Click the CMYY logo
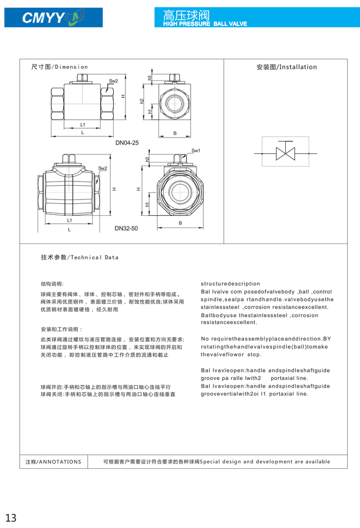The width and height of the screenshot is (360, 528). pyautogui.click(x=53, y=18)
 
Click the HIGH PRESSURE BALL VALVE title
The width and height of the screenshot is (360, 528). pyautogui.click(x=205, y=24)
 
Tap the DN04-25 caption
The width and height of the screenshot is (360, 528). pyautogui.click(x=127, y=143)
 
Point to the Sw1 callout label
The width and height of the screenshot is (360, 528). pyautogui.click(x=196, y=151)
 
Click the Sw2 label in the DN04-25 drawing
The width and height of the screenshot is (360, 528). pyautogui.click(x=113, y=81)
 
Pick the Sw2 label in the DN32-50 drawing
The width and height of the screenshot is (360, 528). pyautogui.click(x=103, y=168)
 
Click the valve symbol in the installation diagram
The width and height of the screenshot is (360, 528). pyautogui.click(x=285, y=153)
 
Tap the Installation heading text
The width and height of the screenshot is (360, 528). pyautogui.click(x=286, y=67)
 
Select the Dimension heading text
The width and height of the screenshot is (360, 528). pyautogui.click(x=60, y=67)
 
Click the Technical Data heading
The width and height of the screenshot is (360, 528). pyautogui.click(x=80, y=258)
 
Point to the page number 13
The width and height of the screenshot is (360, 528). pyautogui.click(x=11, y=517)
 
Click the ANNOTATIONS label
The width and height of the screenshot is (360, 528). pyautogui.click(x=53, y=462)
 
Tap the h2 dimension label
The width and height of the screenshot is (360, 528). pyautogui.click(x=142, y=101)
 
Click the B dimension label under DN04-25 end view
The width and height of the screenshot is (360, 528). pyautogui.click(x=175, y=133)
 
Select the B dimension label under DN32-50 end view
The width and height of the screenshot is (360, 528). pyautogui.click(x=180, y=223)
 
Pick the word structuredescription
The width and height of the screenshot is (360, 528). pyautogui.click(x=230, y=284)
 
